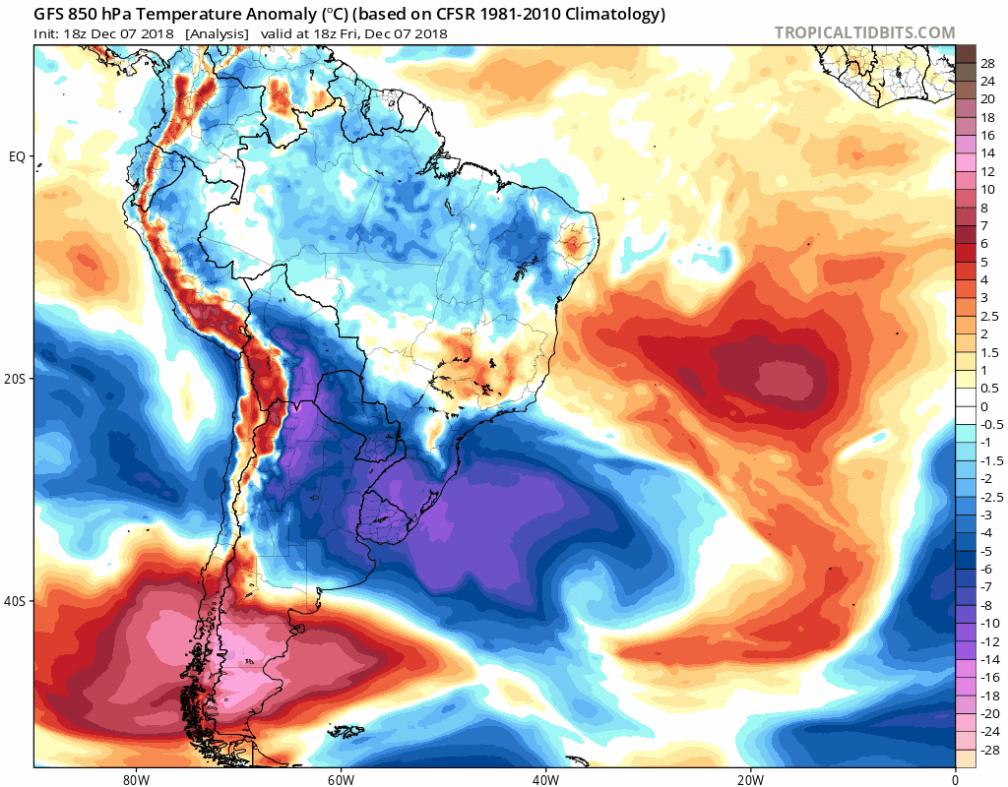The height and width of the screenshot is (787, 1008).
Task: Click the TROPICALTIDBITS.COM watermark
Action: pyautogui.click(x=864, y=32)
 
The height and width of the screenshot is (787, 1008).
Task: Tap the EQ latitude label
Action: pyautogui.click(x=18, y=156)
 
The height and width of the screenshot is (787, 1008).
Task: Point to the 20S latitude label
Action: pyautogui.click(x=16, y=379)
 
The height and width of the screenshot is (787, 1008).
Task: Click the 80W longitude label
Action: pyautogui.click(x=136, y=776)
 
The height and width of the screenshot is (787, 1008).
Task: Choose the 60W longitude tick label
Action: pyautogui.click(x=341, y=776)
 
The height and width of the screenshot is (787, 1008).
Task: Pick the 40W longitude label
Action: pyautogui.click(x=545, y=776)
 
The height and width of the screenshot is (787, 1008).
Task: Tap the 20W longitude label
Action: pyautogui.click(x=750, y=776)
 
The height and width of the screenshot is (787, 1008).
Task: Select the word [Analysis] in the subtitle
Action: pyautogui.click(x=215, y=33)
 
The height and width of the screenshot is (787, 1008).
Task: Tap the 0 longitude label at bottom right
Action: pyautogui.click(x=955, y=776)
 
